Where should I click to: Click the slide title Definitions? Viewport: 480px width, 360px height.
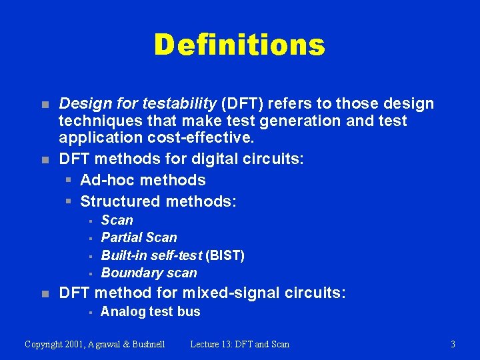(239, 45)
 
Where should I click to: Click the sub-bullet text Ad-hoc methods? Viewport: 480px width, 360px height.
(143, 180)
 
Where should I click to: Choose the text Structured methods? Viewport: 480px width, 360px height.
(158, 201)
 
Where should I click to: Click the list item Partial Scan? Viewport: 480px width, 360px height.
(139, 237)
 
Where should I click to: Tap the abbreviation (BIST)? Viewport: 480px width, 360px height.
(225, 255)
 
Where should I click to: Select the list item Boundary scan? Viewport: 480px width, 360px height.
(149, 273)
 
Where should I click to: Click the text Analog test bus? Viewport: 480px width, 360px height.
(150, 311)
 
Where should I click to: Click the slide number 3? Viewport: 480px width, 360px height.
(453, 344)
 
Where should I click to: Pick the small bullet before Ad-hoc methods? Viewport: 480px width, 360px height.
(68, 181)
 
